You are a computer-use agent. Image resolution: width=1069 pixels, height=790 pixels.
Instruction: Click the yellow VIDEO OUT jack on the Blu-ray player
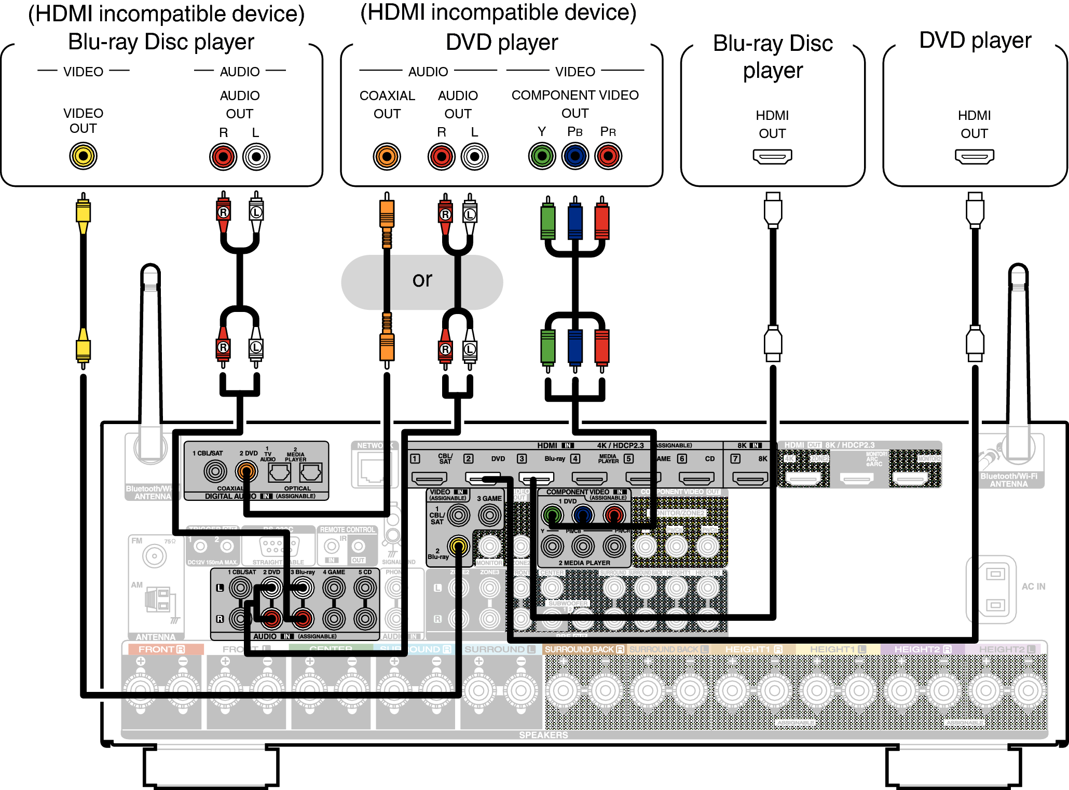click(x=83, y=156)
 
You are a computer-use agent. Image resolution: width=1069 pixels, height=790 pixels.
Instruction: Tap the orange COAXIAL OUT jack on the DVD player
click(x=387, y=156)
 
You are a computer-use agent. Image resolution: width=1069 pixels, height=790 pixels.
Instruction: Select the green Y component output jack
click(x=542, y=156)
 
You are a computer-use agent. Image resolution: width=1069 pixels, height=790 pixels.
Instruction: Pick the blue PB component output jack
click(x=575, y=156)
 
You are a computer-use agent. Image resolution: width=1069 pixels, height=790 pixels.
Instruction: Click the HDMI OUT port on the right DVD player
click(x=974, y=156)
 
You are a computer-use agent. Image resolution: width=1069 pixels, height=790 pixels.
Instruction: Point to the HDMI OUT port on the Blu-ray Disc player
click(x=772, y=156)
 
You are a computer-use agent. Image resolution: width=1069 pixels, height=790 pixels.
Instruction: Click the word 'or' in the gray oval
click(x=422, y=280)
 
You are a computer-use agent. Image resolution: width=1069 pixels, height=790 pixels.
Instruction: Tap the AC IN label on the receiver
click(x=1033, y=587)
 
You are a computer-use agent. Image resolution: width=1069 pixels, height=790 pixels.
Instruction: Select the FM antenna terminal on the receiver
click(x=154, y=556)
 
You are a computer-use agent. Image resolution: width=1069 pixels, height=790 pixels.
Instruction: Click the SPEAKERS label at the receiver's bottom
click(x=543, y=735)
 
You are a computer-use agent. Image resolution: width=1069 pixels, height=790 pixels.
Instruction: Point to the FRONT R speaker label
click(x=161, y=649)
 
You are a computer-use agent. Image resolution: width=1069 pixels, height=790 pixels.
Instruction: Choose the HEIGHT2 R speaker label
click(x=922, y=649)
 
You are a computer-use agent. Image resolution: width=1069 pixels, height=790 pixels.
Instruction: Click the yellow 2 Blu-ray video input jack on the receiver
click(x=458, y=546)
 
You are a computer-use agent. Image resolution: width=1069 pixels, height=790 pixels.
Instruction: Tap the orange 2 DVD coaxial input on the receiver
click(x=246, y=471)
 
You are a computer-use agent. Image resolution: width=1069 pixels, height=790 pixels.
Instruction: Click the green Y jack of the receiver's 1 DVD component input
click(x=552, y=515)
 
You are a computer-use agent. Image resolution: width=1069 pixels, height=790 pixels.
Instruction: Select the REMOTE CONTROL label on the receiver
click(x=347, y=530)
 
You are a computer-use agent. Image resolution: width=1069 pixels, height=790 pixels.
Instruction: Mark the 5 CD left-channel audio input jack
click(x=365, y=588)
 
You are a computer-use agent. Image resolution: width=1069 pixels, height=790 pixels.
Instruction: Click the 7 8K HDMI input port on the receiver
click(x=750, y=479)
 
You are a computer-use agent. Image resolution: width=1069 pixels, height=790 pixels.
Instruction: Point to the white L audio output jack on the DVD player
click(x=474, y=156)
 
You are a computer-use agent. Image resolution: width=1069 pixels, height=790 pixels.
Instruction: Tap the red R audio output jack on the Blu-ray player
click(x=223, y=156)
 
